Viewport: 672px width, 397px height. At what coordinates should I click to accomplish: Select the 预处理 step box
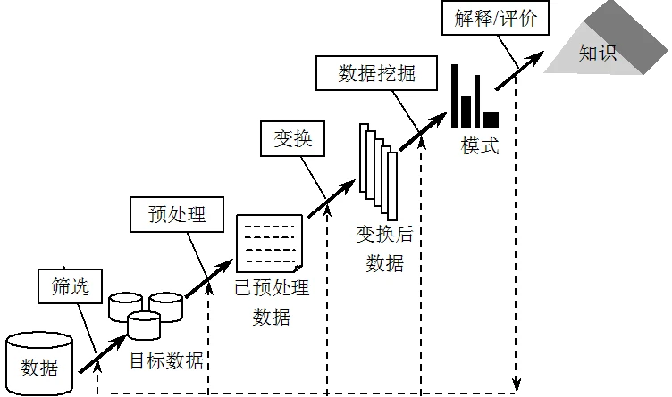tap(177, 215)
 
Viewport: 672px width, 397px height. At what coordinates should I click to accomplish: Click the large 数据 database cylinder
tap(39, 364)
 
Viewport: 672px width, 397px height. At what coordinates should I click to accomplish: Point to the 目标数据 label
tap(167, 361)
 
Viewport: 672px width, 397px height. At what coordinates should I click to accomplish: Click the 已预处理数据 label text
tap(272, 302)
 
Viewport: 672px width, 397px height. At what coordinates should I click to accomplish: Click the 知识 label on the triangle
tap(598, 53)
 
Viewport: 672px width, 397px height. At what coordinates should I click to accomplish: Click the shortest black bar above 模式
tap(491, 119)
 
